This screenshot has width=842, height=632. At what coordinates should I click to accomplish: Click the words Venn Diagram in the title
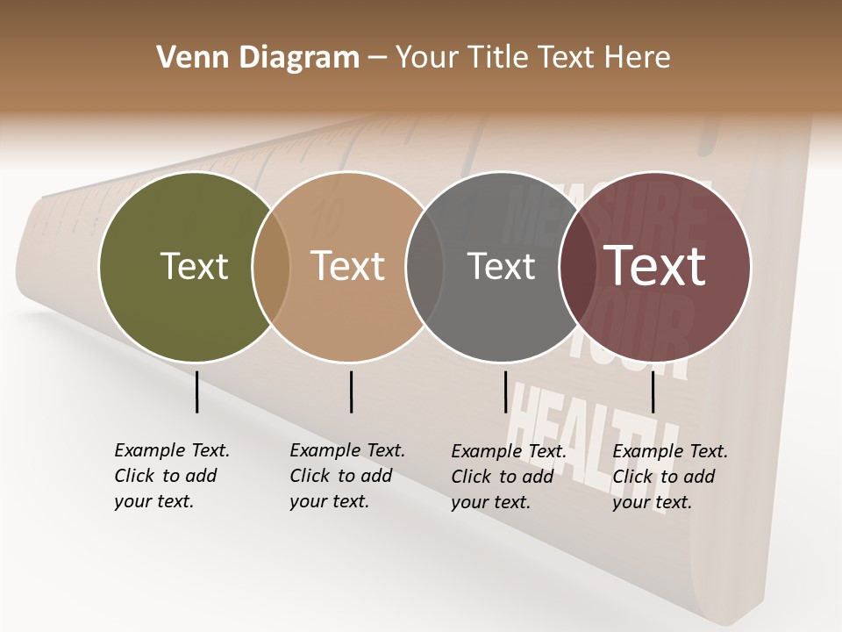258,57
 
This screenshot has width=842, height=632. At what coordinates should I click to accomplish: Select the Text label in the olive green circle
194,266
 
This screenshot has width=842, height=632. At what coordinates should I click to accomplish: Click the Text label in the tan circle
348,266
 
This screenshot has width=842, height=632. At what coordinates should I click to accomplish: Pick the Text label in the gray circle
501,266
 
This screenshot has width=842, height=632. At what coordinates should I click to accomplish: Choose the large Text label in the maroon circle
654,266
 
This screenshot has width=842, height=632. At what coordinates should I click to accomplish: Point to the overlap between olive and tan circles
271,267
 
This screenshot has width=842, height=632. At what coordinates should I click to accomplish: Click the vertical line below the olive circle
197,391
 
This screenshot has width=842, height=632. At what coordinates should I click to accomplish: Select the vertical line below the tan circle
351,391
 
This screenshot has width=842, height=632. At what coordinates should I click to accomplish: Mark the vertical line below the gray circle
505,391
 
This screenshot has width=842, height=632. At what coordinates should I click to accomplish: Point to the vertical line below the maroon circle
653,391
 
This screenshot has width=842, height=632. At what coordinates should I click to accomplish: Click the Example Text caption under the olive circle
171,476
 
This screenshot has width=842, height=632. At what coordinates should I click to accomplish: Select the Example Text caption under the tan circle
346,476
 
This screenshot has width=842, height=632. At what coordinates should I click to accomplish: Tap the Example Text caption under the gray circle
508,477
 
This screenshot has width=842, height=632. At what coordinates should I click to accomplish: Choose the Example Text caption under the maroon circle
669,477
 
